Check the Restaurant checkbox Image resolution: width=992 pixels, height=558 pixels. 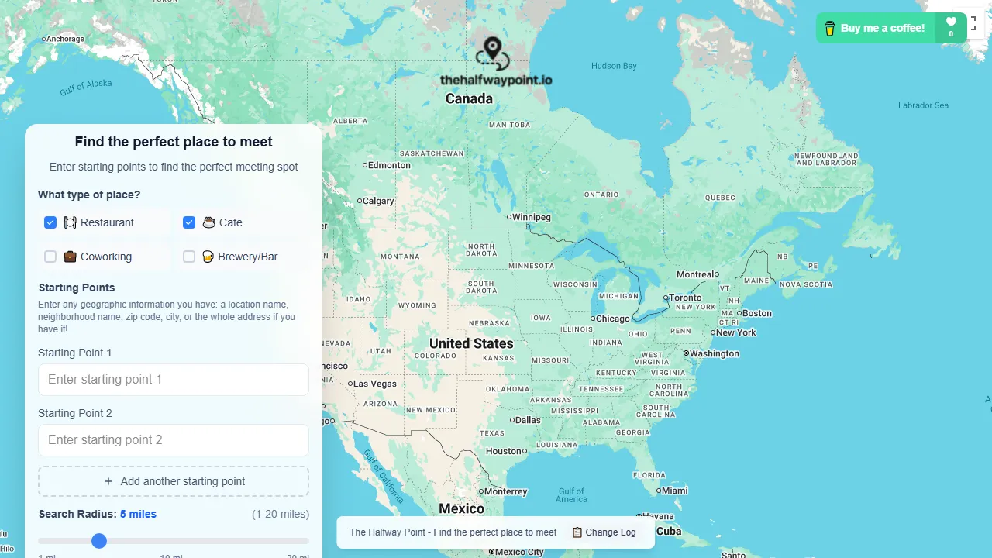[x=50, y=222]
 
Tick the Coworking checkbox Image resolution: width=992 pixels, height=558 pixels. [x=50, y=257]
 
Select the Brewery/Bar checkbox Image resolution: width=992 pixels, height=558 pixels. [x=189, y=257]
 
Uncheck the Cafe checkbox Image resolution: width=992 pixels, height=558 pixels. [x=189, y=222]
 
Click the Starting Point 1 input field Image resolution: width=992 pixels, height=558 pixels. [x=174, y=380]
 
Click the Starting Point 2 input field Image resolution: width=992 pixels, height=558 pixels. [x=174, y=440]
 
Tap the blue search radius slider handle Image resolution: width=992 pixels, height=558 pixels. [x=99, y=541]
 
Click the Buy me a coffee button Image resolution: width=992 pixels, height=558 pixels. [x=876, y=28]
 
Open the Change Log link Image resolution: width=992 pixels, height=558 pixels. [x=604, y=532]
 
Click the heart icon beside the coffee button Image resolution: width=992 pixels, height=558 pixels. [x=951, y=22]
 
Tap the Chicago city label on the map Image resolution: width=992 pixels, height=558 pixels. [x=613, y=319]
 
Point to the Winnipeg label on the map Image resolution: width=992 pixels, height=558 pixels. [x=531, y=217]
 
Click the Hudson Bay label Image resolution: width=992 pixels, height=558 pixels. [x=614, y=66]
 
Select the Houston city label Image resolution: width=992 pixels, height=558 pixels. [x=504, y=451]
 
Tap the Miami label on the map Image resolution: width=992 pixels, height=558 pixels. [x=674, y=491]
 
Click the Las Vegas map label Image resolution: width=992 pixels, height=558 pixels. [x=375, y=384]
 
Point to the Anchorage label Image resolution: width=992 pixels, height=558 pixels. [x=65, y=39]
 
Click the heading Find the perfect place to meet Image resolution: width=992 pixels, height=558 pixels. [x=174, y=142]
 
